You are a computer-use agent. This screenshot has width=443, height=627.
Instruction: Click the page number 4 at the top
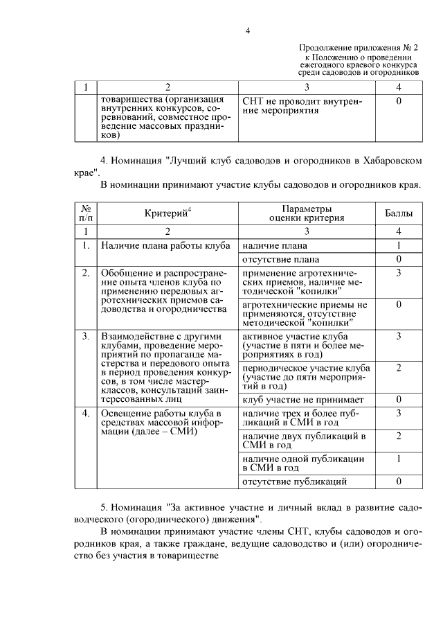click(x=247, y=30)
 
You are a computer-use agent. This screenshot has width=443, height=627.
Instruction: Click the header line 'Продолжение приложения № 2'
click(x=359, y=46)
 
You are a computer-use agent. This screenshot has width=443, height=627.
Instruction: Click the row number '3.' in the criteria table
click(x=87, y=337)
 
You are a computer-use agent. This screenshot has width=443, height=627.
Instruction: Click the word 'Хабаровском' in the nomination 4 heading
click(x=390, y=161)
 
